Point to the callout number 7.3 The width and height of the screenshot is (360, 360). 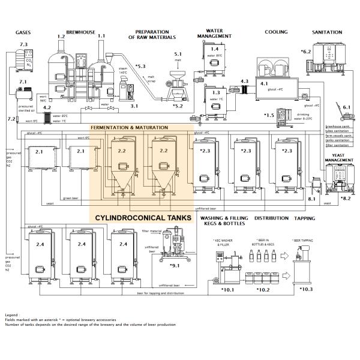coord(23,45)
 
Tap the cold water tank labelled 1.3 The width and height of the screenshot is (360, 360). coord(216,97)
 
